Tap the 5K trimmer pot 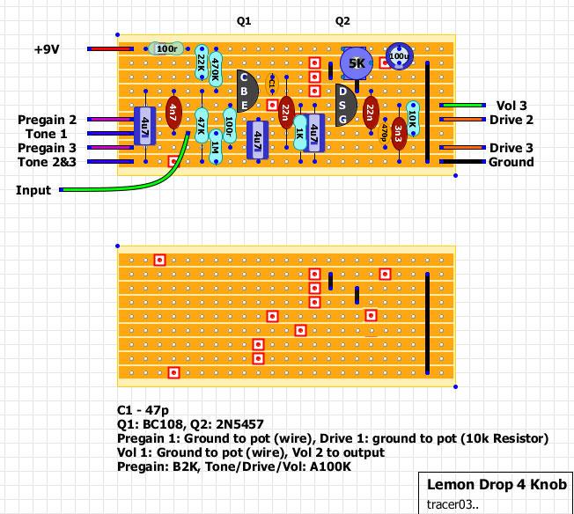(x=356, y=63)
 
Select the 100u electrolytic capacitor (x=399, y=56)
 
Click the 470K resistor (x=216, y=70)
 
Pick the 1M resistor (x=216, y=146)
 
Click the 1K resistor (x=300, y=134)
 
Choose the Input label (x=33, y=190)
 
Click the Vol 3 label (x=512, y=106)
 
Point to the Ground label (x=511, y=162)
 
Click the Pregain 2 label (x=47, y=120)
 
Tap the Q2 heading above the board (x=342, y=20)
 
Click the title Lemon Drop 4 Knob (x=497, y=485)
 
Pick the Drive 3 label (x=511, y=148)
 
